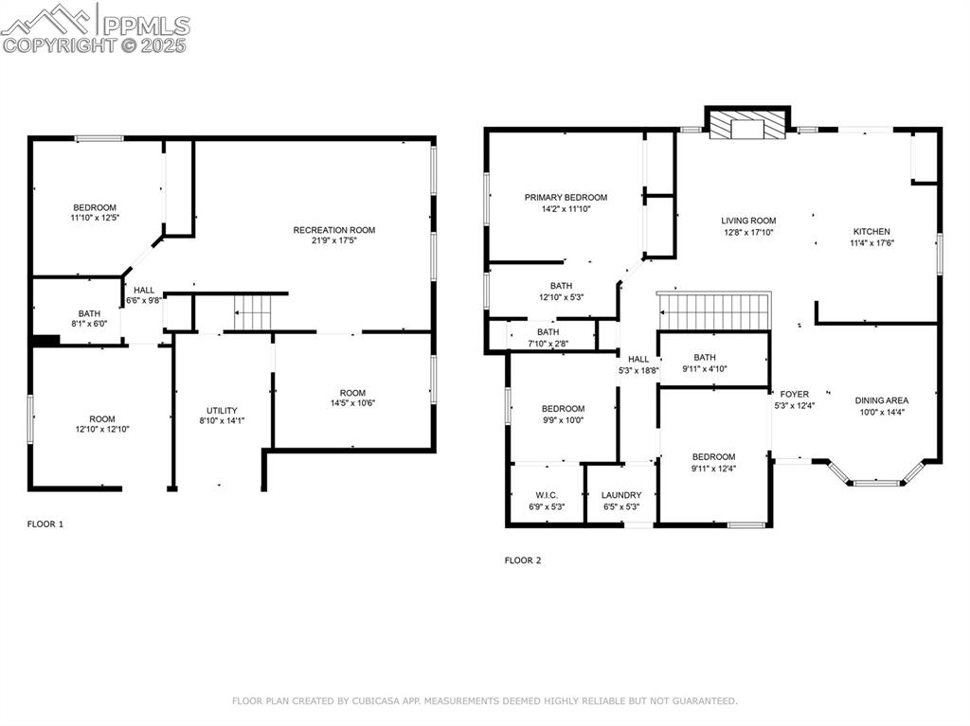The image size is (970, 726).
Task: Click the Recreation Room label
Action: tap(333, 230)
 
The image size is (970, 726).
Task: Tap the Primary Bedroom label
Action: tap(566, 198)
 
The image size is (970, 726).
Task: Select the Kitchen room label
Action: tap(871, 231)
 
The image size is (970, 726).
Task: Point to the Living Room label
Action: tap(748, 221)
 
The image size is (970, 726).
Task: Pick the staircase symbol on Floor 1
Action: tap(253, 312)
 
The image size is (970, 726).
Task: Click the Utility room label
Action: tap(222, 411)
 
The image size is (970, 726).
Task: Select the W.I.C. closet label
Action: tap(547, 495)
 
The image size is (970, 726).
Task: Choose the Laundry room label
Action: tap(621, 495)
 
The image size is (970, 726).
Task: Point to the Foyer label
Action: tap(794, 394)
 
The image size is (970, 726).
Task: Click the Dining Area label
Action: tap(882, 400)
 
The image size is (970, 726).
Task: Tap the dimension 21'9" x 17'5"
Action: tap(333, 240)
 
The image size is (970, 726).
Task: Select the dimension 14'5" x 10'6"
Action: tap(352, 403)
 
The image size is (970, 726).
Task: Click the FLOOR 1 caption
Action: tap(45, 523)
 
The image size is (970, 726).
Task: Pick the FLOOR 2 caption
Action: tap(523, 560)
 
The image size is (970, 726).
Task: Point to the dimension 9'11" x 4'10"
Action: tap(704, 368)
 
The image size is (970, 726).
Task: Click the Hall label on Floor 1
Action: tap(144, 291)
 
